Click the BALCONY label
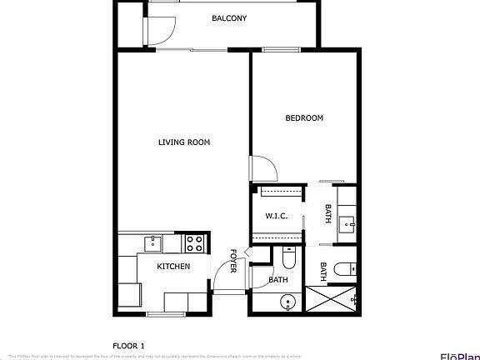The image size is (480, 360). (228, 17)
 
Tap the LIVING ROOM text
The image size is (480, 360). (184, 142)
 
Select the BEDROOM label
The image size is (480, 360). (304, 118)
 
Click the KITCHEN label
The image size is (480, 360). (174, 267)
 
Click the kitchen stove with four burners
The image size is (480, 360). (194, 243)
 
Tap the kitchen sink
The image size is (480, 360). (153, 243)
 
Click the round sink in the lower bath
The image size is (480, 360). (287, 302)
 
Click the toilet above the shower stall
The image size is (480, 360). (346, 268)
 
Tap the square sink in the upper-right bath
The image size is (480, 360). (348, 222)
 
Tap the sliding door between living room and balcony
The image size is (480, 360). (192, 51)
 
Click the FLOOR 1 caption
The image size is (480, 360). (128, 345)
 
